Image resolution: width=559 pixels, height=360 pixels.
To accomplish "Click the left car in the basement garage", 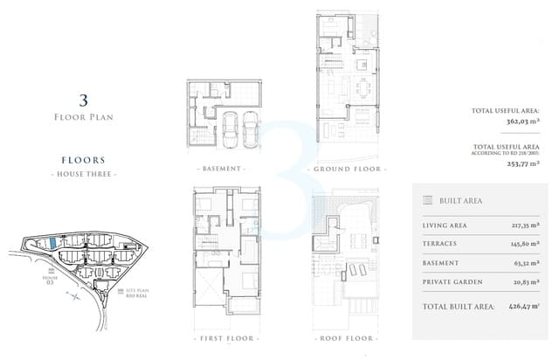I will [x=230, y=130].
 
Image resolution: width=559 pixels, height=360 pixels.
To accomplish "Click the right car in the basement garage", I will [x=250, y=130].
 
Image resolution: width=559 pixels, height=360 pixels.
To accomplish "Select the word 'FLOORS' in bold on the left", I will [x=84, y=161].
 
